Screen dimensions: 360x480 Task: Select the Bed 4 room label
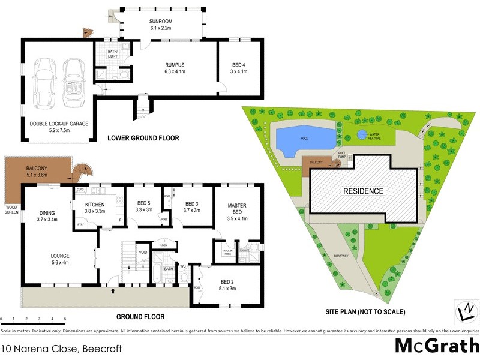(239, 68)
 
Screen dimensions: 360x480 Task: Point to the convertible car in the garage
(74, 82)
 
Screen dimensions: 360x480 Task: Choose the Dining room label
(47, 216)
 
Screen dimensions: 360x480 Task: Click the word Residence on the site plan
(363, 191)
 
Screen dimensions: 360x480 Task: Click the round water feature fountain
(362, 134)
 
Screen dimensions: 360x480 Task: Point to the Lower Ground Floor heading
(143, 138)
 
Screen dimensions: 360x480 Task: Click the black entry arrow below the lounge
(113, 292)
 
